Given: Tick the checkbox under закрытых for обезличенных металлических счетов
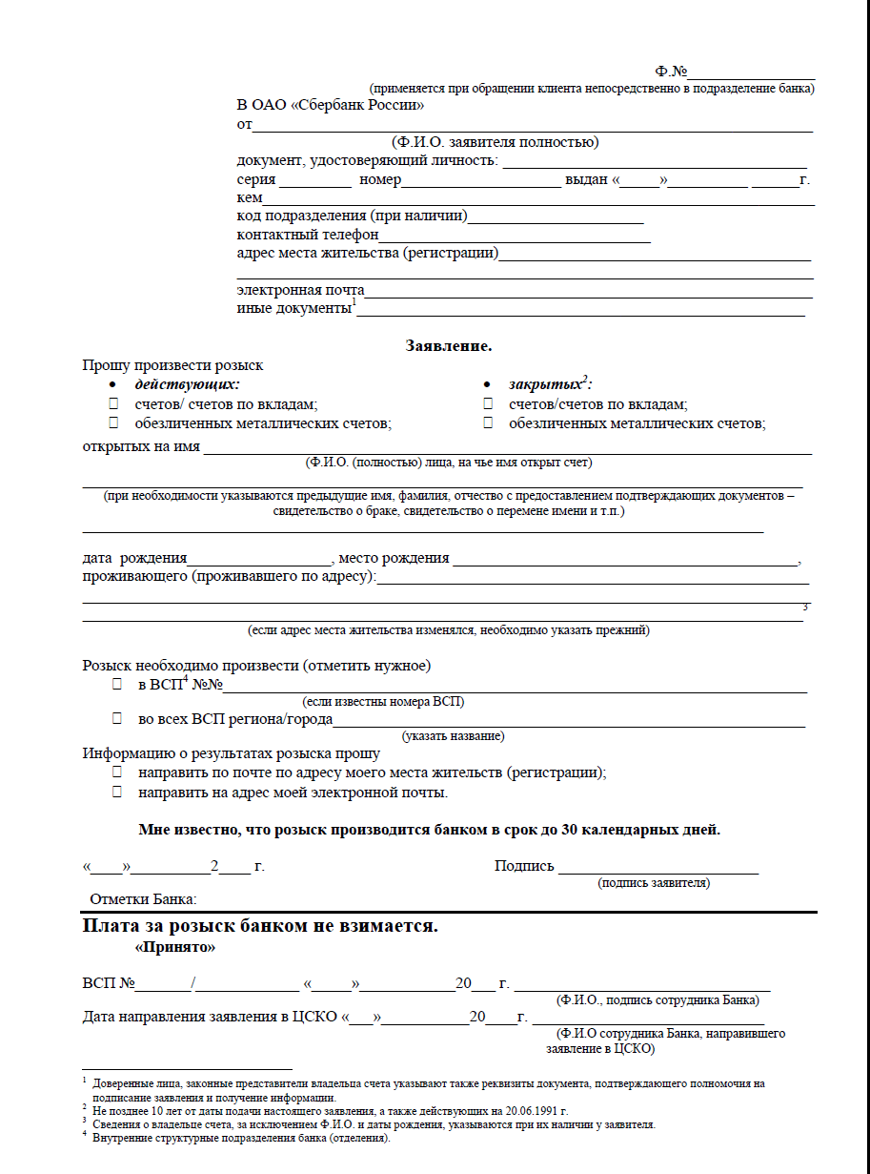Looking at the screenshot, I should tap(489, 422).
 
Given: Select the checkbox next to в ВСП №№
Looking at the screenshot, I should tap(117, 684).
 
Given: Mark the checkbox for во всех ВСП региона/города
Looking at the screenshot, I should tap(117, 718).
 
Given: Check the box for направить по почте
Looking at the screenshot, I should tap(117, 772).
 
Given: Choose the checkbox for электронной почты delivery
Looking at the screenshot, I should tap(117, 792).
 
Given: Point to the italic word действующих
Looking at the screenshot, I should tap(187, 384).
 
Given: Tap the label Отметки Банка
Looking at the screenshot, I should tap(143, 898).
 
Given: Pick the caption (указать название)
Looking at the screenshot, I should tap(453, 736).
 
